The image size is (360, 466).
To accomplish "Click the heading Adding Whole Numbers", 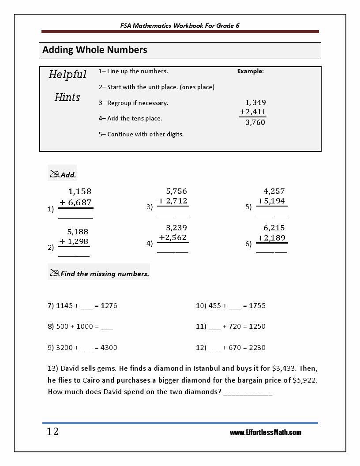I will click(95, 50).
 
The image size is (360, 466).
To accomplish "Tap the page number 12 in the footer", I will click(52, 432).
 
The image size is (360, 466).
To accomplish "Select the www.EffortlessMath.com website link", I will click(266, 432).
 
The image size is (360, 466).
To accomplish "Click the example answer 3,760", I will click(255, 123).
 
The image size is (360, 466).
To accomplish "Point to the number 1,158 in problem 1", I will click(80, 192).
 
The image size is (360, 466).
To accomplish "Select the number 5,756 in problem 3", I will click(176, 191).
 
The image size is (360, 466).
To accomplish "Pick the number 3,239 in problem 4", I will click(176, 228).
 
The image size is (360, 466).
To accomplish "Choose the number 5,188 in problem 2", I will click(78, 231).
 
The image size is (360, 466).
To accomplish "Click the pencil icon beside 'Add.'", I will click(55, 174).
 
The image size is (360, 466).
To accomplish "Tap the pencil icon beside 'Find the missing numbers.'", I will click(55, 274).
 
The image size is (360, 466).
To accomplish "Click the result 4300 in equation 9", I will click(109, 347).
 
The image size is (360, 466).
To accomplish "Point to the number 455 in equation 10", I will click(215, 305).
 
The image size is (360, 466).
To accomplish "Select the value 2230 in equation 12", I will click(257, 347).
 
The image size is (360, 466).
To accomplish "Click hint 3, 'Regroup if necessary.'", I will click(134, 103).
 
